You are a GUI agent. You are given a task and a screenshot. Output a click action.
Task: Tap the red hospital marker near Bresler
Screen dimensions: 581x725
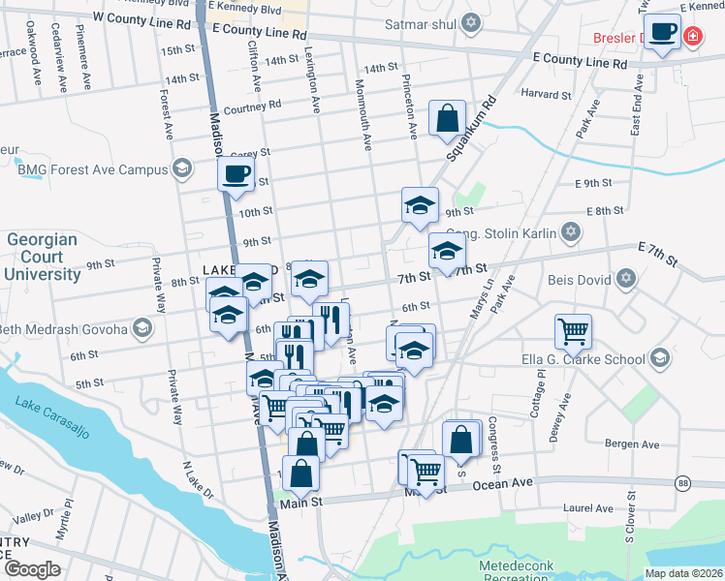click(692, 38)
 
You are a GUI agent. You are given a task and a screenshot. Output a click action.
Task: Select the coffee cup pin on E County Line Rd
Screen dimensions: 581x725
click(663, 32)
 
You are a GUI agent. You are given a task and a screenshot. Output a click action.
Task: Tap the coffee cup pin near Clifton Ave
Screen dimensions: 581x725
click(236, 175)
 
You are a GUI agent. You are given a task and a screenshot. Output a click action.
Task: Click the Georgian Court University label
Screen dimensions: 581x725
click(44, 257)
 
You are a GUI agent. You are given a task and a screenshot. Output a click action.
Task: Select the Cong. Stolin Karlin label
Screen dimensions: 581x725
click(508, 232)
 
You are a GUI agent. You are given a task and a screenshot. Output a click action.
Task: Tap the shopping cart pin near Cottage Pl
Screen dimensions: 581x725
click(573, 331)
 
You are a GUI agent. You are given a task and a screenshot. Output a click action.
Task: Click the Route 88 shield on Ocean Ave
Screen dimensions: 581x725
click(683, 483)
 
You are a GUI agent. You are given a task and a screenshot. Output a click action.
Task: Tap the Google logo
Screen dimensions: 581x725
click(32, 569)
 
